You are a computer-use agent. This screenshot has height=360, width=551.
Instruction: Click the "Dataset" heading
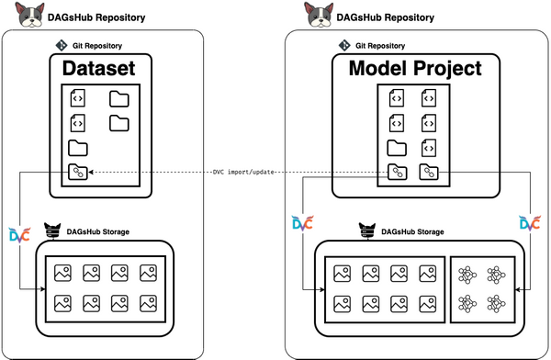[x=99, y=68]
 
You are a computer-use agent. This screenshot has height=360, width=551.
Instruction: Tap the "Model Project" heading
[x=415, y=68]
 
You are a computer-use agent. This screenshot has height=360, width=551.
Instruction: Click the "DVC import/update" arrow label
[x=243, y=172]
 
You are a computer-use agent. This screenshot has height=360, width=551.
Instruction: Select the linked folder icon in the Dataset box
[x=78, y=172]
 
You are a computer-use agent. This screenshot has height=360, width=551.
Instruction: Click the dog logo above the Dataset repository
[x=30, y=15]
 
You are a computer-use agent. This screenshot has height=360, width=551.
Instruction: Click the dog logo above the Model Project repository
[x=319, y=15]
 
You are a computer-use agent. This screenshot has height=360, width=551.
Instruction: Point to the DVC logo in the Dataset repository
[x=19, y=235]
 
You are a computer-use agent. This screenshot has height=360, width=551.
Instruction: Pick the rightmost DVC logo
[x=530, y=223]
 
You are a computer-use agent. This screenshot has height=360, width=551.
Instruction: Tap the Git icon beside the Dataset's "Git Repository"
[x=62, y=45]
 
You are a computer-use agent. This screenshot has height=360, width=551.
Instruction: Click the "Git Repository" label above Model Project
[x=380, y=46]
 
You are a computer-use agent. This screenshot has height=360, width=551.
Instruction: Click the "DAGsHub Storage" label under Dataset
[x=98, y=231]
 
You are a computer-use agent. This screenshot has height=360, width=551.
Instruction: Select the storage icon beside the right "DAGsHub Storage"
[x=367, y=231]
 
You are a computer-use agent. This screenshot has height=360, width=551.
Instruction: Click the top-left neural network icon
[x=467, y=275]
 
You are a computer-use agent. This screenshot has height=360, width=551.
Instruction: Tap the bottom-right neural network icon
[x=496, y=303]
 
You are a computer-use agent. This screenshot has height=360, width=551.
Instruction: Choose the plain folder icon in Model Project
[x=397, y=148]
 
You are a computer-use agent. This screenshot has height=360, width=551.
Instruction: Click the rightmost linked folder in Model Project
[x=429, y=172]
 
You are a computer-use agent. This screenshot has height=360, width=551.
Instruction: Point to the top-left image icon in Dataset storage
[x=62, y=273]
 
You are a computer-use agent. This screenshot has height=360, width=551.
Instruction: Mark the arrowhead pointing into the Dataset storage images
[x=43, y=289]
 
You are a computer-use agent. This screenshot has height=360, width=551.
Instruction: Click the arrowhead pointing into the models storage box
[x=518, y=289]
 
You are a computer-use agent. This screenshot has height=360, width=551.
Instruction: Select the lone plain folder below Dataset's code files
[x=78, y=148]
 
